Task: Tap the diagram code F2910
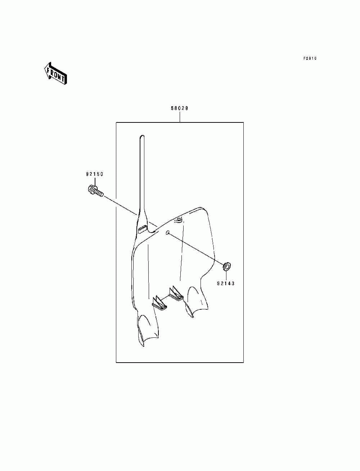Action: (x=310, y=58)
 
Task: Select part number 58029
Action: (x=180, y=108)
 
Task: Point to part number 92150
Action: (x=94, y=174)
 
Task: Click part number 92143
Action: (x=226, y=283)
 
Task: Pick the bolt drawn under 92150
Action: (x=95, y=191)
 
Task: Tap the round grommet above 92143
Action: (x=227, y=266)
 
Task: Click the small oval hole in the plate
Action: (x=167, y=233)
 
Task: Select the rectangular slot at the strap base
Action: (x=142, y=228)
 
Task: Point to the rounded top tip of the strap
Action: (x=142, y=136)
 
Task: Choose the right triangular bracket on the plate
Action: (x=176, y=292)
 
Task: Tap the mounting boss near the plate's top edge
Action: (x=177, y=220)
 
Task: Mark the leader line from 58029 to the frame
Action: (x=180, y=117)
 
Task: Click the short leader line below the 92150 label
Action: (x=94, y=181)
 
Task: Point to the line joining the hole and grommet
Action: (x=196, y=250)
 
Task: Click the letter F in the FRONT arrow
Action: (x=49, y=69)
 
